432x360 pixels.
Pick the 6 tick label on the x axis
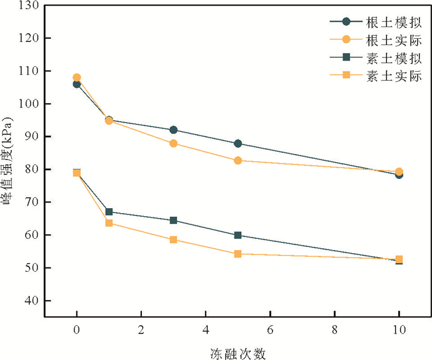point(270,330)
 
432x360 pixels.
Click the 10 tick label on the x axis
point(399,330)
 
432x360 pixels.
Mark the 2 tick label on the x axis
point(141,330)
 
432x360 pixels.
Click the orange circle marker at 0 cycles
point(77,78)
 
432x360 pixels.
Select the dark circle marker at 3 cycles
point(173,130)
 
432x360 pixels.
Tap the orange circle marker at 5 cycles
point(238,161)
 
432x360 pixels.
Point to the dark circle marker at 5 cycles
point(238,143)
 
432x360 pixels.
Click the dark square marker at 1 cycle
point(109,212)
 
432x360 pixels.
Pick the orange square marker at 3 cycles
point(173,240)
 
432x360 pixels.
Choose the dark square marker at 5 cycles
point(238,235)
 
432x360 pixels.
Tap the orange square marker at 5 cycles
point(238,254)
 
